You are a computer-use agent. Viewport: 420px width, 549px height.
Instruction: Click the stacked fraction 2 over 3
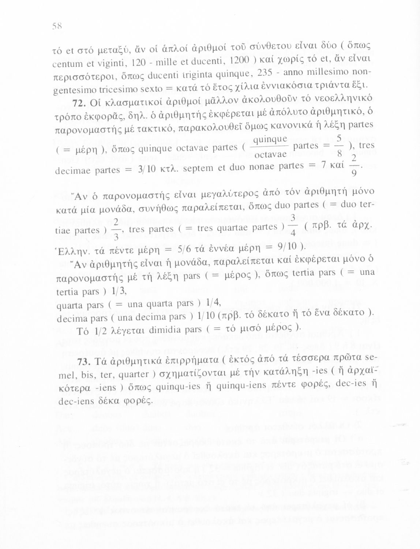tap(115, 230)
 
